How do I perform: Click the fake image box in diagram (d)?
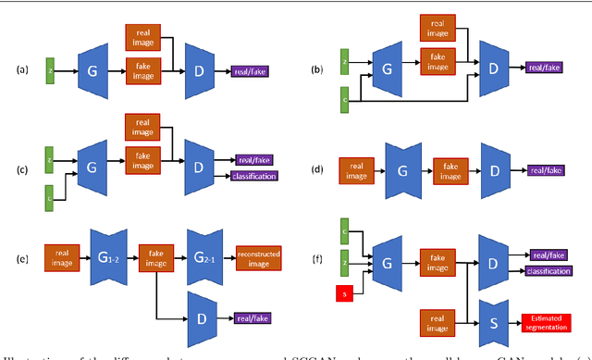(451, 170)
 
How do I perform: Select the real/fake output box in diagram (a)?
(250, 68)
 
